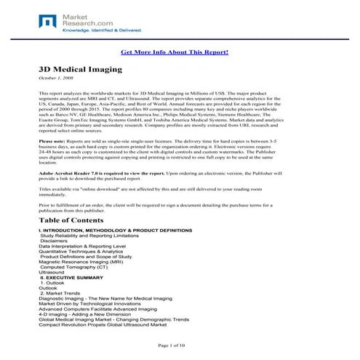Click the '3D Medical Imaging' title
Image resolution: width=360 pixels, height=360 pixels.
81,68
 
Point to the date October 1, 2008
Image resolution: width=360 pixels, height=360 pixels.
56,78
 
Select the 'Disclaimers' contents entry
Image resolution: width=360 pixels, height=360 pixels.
54,241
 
